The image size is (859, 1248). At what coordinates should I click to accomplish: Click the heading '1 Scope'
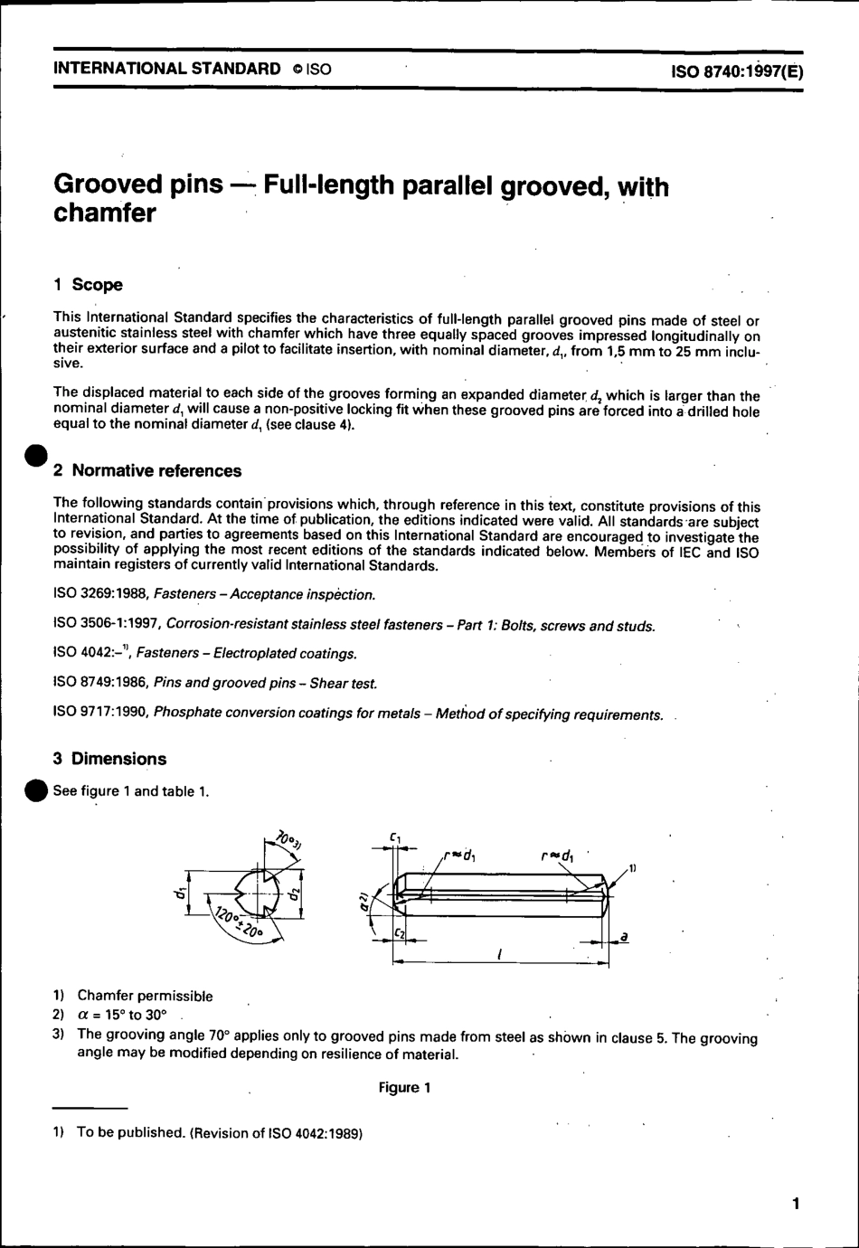[x=88, y=285]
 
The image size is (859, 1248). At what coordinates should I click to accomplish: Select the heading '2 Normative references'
[x=147, y=470]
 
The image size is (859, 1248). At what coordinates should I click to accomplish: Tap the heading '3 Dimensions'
[x=109, y=759]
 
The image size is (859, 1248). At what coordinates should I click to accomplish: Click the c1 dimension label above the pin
[x=396, y=838]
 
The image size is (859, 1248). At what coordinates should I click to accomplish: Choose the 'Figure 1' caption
[x=404, y=1087]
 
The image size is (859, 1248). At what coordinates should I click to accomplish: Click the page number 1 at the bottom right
[x=795, y=1203]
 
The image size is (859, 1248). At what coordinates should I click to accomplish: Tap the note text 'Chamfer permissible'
[x=145, y=996]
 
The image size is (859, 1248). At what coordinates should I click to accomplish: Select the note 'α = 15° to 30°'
[x=122, y=1015]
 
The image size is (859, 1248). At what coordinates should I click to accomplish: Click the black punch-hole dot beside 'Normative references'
[x=35, y=458]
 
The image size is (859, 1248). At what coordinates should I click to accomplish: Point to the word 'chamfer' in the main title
[x=105, y=214]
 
